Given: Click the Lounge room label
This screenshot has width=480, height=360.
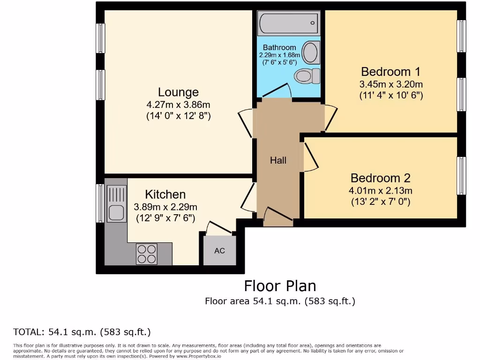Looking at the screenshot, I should pyautogui.click(x=178, y=92).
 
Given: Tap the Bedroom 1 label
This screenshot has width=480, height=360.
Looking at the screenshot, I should pyautogui.click(x=390, y=72).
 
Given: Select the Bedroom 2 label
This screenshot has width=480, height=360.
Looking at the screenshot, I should pyautogui.click(x=380, y=178).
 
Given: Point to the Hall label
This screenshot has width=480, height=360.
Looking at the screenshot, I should pyautogui.click(x=278, y=160).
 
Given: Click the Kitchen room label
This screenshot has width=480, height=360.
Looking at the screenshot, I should pyautogui.click(x=165, y=194).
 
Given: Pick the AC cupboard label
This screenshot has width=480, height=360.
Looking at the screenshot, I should pyautogui.click(x=219, y=251).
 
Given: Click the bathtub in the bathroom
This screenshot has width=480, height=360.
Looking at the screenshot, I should pyautogui.click(x=288, y=22).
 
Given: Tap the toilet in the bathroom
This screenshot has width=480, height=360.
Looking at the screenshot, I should pyautogui.click(x=307, y=75).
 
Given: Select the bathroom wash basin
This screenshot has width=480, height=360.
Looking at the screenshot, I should pyautogui.click(x=310, y=52).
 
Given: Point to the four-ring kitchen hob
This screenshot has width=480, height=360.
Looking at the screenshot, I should pyautogui.click(x=146, y=254).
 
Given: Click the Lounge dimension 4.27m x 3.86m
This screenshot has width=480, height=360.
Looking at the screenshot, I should pyautogui.click(x=178, y=105).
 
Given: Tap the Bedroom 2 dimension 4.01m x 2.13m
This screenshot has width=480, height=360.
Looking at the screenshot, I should pyautogui.click(x=381, y=191).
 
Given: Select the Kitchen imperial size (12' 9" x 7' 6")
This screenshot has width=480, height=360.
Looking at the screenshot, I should pyautogui.click(x=165, y=218).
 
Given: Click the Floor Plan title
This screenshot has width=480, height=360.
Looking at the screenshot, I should pyautogui.click(x=280, y=286).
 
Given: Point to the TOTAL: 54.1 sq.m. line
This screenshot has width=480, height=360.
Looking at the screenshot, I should pyautogui.click(x=82, y=332).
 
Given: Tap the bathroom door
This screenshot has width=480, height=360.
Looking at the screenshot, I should pyautogui.click(x=277, y=91).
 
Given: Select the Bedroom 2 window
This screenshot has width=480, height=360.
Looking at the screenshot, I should pyautogui.click(x=462, y=176).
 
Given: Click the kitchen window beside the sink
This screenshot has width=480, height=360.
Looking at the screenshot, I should pyautogui.click(x=100, y=203).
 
